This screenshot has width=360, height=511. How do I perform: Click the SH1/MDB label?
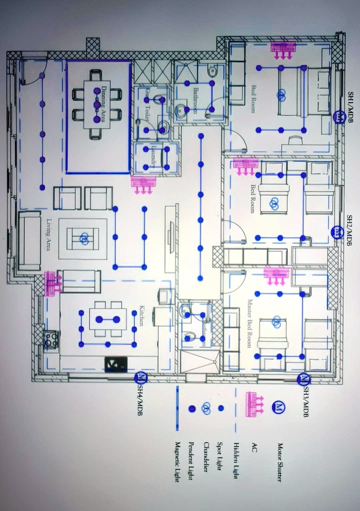pyautogui.click(x=351, y=107)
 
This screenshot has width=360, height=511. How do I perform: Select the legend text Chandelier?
pyautogui.click(x=206, y=457)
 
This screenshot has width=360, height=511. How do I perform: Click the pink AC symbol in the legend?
pyautogui.click(x=255, y=404)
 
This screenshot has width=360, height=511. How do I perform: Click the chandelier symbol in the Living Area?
pyautogui.click(x=84, y=239)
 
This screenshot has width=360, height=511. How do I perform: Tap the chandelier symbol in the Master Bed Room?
pyautogui.click(x=276, y=322)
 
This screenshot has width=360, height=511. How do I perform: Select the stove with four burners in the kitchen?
pyautogui.click(x=51, y=340)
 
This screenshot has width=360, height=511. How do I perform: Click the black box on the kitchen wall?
pyautogui.click(x=115, y=365)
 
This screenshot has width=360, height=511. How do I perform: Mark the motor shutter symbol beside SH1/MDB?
pyautogui.click(x=340, y=117)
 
